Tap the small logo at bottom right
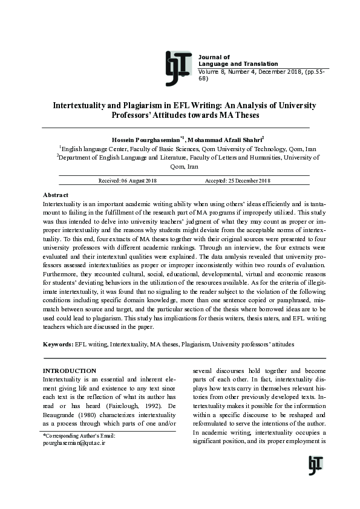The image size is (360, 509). tap(315, 465)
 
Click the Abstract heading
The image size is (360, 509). tap(56, 195)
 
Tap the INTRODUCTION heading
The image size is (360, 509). tap(69, 371)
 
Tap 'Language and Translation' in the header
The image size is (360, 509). tap(238, 64)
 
